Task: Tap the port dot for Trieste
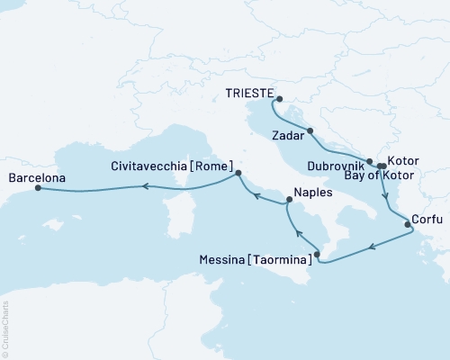coord(279,100)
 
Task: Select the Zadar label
coord(287,139)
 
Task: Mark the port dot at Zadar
coord(310,131)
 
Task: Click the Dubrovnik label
coord(336,166)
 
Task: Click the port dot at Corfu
coord(408,214)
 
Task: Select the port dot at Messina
coord(317,255)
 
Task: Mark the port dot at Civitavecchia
coord(238,173)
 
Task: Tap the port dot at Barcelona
coord(37,189)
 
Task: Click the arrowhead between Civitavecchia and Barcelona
coord(142,186)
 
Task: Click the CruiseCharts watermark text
coord(5,328)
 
